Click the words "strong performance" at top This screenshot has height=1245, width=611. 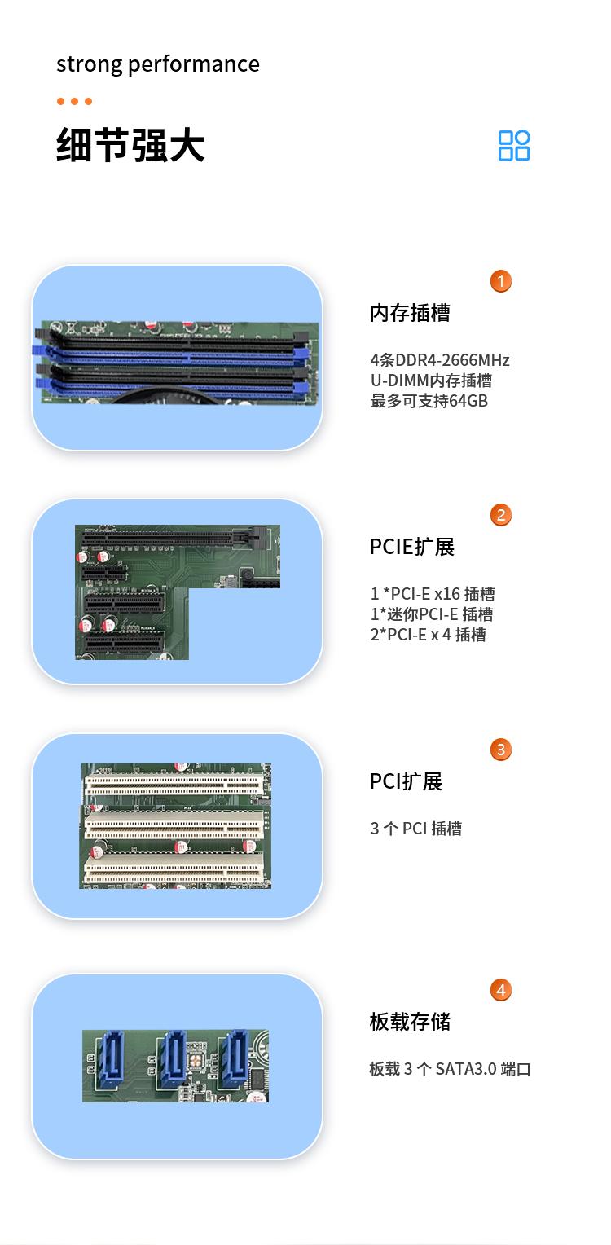tap(158, 64)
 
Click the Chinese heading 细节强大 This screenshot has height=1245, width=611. tap(130, 145)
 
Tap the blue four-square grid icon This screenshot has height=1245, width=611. tap(514, 146)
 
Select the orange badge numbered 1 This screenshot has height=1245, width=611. tap(500, 281)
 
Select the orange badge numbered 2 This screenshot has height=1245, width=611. tap(500, 515)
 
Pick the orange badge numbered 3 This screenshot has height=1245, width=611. tap(500, 750)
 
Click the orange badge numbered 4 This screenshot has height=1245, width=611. tap(500, 990)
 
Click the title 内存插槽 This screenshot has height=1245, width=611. tap(411, 313)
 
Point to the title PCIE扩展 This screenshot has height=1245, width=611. tap(412, 547)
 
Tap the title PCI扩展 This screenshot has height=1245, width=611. tap(406, 781)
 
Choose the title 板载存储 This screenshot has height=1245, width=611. tap(411, 1022)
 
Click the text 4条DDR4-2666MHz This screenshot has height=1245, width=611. tap(440, 360)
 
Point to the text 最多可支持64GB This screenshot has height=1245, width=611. tap(429, 401)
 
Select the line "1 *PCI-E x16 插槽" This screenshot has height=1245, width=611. tap(433, 594)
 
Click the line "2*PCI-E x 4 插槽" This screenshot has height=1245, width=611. tap(428, 635)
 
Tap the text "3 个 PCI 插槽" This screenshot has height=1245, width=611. tap(415, 829)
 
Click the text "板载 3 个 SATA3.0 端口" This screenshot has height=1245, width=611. tap(451, 1069)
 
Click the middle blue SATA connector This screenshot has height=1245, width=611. tap(173, 1058)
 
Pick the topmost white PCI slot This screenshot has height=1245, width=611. tap(174, 785)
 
